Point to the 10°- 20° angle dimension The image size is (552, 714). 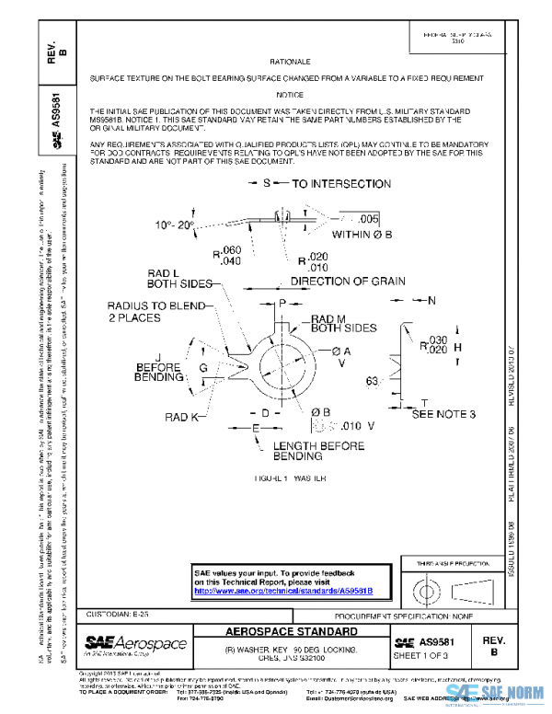point(175,224)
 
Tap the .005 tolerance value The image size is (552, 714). point(368,219)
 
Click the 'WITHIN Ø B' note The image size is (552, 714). point(362,236)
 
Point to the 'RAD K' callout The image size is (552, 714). point(182,417)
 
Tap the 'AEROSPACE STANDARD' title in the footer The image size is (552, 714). point(292,634)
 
